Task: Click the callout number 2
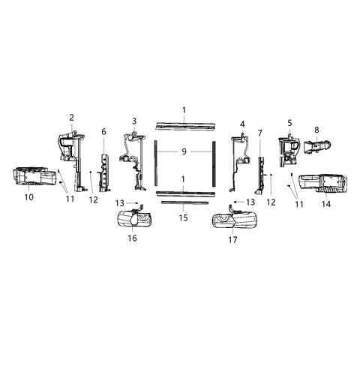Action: [x=72, y=117]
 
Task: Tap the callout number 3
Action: [x=134, y=121]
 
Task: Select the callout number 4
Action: [x=242, y=124]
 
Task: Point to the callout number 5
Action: [x=289, y=122]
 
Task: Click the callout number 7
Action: [x=259, y=133]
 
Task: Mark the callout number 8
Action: [x=316, y=130]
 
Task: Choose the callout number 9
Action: [x=183, y=151]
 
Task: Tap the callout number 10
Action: [x=29, y=197]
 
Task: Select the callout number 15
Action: [x=183, y=217]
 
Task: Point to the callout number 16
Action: [x=132, y=238]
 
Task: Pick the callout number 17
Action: [x=233, y=240]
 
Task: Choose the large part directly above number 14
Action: [x=323, y=183]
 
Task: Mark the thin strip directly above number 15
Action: [x=183, y=202]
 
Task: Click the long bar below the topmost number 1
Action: [x=183, y=124]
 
